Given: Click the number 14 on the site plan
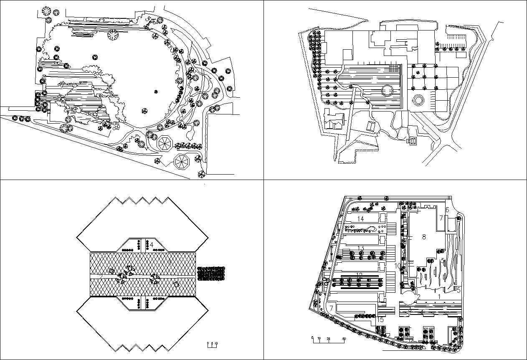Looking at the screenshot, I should click(x=360, y=219).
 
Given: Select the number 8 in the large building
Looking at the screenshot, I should click(x=424, y=237).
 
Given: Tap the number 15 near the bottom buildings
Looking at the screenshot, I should click(x=380, y=319).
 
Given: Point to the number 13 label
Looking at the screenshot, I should click(x=360, y=248).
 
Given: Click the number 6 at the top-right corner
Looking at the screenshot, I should click(x=447, y=210).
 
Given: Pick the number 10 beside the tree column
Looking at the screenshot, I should click(x=398, y=266).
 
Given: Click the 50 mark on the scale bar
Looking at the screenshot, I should click(x=344, y=339).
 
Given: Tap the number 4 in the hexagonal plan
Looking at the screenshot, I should click(x=152, y=244).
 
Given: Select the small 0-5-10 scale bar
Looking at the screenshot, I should click(x=213, y=344).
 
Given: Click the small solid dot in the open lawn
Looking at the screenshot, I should click(x=156, y=91).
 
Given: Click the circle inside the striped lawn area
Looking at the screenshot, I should click(x=387, y=90).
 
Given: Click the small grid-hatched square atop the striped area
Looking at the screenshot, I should click(x=394, y=68).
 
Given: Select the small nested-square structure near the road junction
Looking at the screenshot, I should click(x=412, y=141).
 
